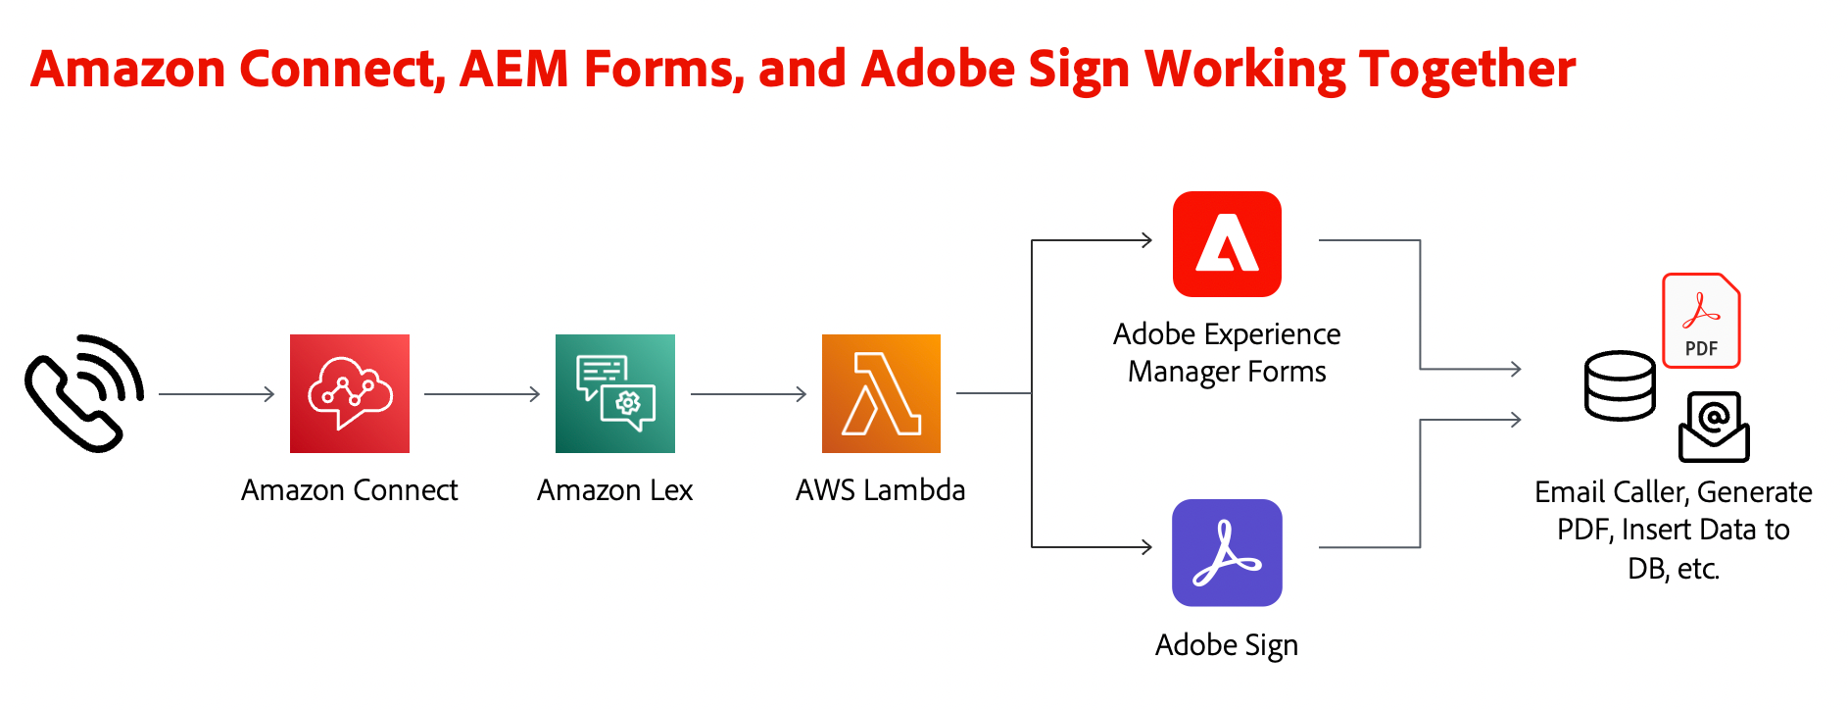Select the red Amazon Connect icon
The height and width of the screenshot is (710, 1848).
[349, 393]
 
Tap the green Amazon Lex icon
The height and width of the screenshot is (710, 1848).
[614, 393]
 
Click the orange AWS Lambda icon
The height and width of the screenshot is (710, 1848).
[881, 393]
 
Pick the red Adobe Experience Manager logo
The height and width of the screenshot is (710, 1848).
[1227, 244]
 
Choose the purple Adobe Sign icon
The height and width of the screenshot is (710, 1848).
[1227, 553]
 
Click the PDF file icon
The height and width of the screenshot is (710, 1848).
[1701, 321]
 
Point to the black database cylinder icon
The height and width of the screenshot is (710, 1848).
[1620, 385]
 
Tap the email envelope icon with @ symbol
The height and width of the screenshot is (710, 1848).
[1714, 428]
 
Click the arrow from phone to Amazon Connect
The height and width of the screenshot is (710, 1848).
[217, 394]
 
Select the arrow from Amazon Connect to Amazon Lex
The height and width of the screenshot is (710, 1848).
[482, 394]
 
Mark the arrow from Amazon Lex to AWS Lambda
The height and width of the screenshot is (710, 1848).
[749, 394]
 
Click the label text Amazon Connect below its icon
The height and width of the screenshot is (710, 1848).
[349, 489]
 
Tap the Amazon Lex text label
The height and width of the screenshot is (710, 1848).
[614, 489]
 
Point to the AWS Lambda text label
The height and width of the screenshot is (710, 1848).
[880, 489]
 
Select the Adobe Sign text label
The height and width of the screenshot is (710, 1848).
[1226, 645]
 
